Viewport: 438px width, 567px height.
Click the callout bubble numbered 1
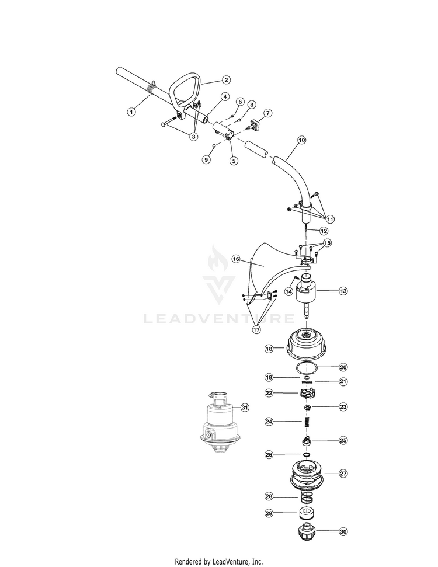pos(131,112)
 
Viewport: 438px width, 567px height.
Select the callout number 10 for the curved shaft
pos(301,140)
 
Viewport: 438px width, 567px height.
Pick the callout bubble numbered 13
pos(343,291)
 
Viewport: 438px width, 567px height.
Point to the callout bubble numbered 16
pos(236,259)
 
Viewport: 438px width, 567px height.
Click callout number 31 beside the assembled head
pos(245,408)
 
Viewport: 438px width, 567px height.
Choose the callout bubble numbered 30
pos(343,531)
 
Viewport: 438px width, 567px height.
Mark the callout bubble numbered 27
pos(343,474)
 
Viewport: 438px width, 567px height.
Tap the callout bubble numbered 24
pos(269,421)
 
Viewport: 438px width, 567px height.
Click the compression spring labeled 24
pos(307,422)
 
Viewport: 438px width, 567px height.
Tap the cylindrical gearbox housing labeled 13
pos(307,291)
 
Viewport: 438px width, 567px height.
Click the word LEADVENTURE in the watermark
pos(219,319)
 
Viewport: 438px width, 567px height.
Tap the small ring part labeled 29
pos(307,513)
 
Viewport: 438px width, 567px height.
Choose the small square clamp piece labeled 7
pos(256,125)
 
